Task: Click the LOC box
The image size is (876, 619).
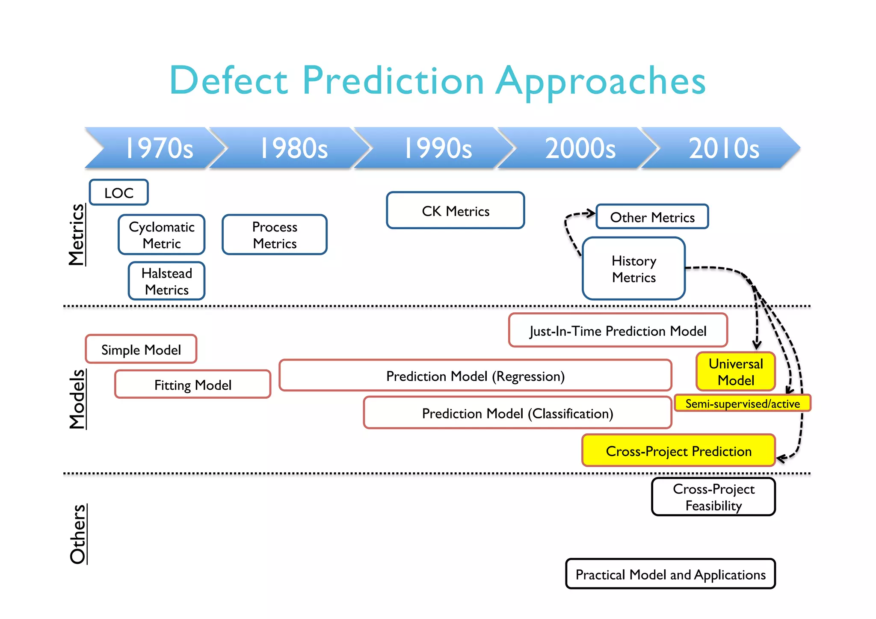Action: (119, 193)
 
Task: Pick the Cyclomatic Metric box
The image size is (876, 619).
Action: (162, 235)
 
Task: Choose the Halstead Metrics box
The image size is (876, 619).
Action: (167, 281)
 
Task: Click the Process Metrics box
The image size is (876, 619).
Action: (275, 235)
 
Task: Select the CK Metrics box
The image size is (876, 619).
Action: (456, 210)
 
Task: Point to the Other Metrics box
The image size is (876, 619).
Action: (652, 217)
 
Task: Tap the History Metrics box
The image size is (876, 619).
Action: (634, 269)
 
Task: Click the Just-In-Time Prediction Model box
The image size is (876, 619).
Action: (618, 331)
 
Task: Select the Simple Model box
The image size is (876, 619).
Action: (141, 349)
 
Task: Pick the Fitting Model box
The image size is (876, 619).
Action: (193, 385)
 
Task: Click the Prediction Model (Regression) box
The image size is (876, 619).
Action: (475, 376)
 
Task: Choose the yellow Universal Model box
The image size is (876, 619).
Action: (736, 372)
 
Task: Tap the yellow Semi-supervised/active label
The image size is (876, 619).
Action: (743, 403)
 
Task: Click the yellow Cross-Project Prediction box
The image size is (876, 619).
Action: (678, 451)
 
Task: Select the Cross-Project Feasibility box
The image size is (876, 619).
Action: (713, 497)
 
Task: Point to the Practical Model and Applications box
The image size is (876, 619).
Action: (670, 574)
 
